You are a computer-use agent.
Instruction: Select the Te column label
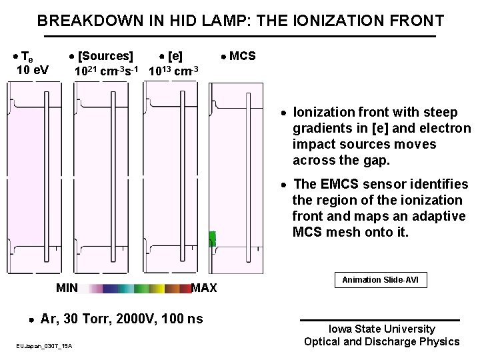point(29,57)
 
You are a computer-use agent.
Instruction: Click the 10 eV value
point(32,70)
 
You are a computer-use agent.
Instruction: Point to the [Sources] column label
point(105,56)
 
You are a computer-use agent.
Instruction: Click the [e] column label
point(175,56)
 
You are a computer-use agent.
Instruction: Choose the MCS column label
point(242,56)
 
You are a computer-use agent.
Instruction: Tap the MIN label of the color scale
point(67,288)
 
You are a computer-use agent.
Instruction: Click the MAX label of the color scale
point(203,288)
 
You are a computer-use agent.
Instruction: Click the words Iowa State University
point(381,329)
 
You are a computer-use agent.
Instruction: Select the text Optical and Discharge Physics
point(381,342)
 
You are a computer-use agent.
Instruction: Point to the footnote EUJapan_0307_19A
point(45,345)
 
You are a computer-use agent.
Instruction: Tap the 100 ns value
point(183,319)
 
